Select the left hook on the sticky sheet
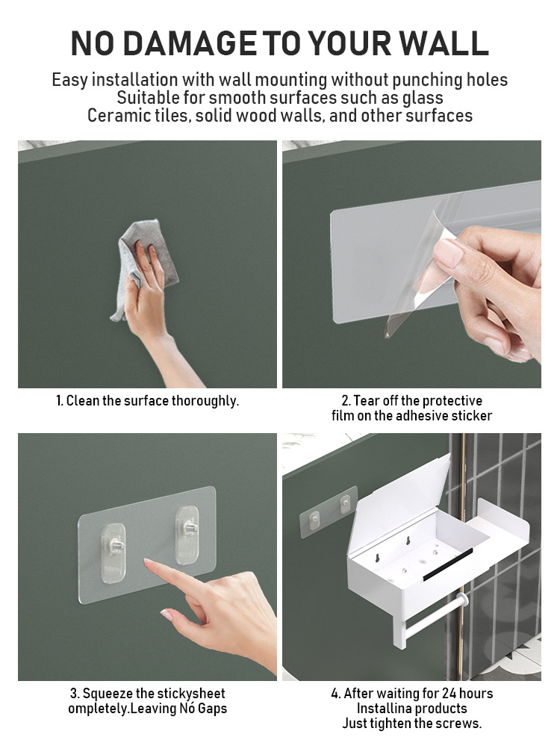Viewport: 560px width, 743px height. coord(114,553)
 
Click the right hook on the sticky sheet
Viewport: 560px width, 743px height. coord(187,535)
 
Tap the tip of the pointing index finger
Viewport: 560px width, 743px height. coord(146,562)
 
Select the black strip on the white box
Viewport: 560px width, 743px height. coord(448,565)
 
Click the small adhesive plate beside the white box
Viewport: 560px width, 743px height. coord(329,512)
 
